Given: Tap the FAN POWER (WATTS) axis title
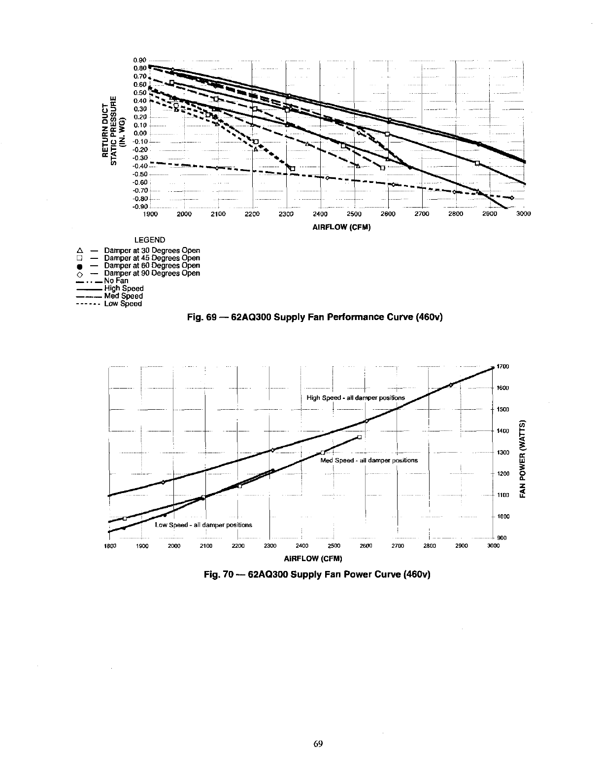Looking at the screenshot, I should (x=524, y=458).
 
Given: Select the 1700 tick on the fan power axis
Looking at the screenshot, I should (x=503, y=366).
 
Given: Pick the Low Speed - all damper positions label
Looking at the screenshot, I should (x=203, y=525).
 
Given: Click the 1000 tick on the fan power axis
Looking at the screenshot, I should (x=503, y=517).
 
